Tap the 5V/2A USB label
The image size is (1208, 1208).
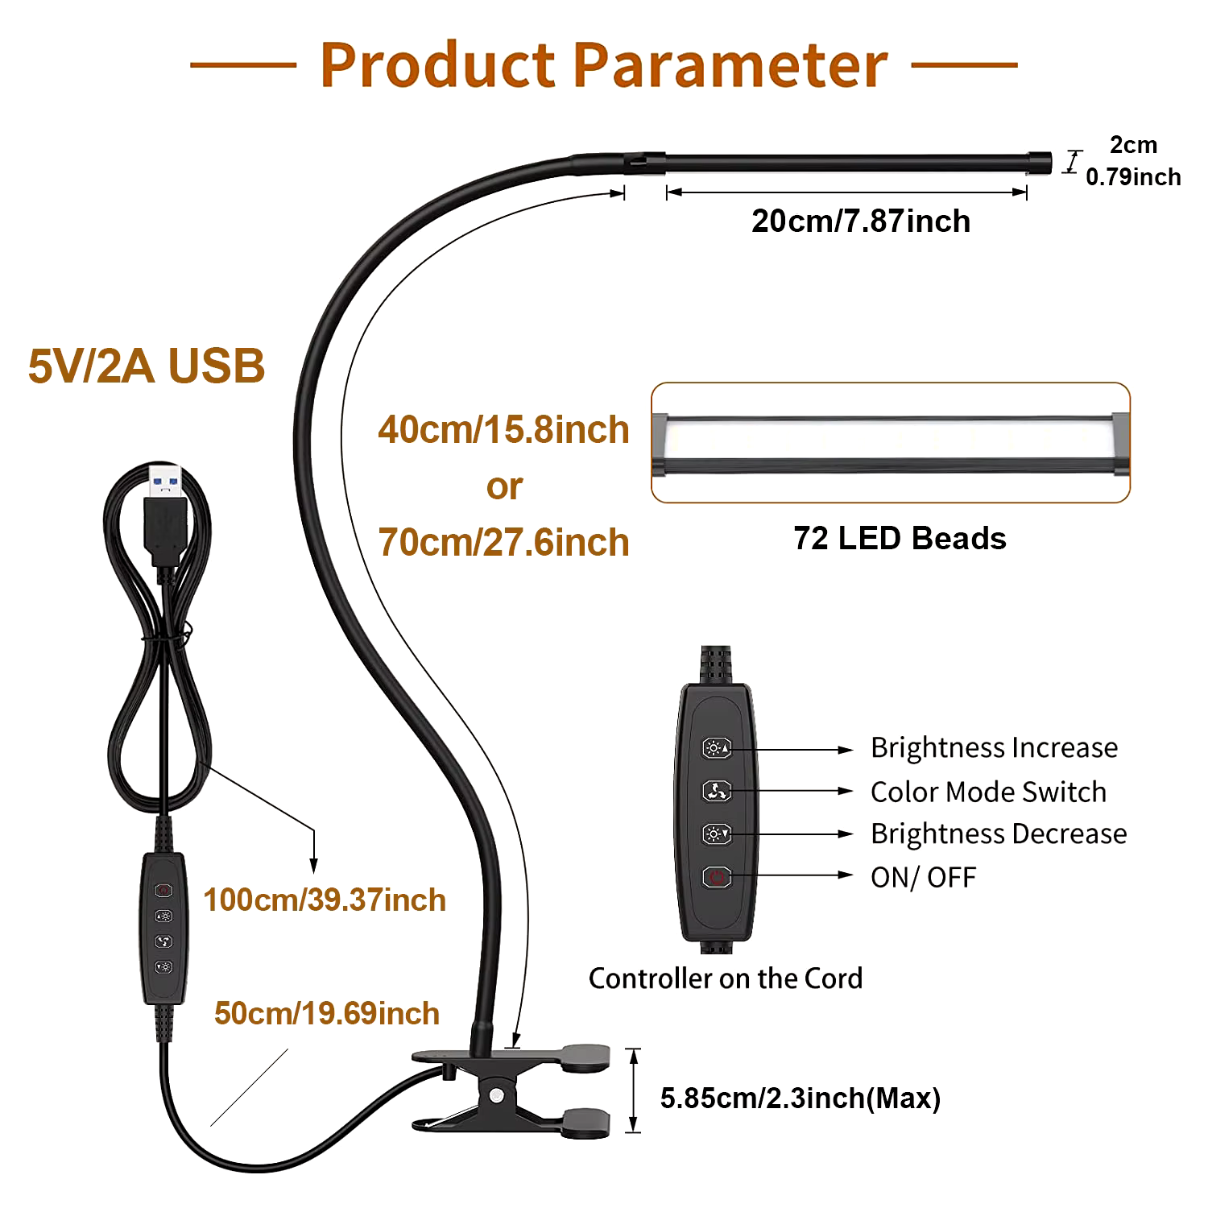(x=147, y=366)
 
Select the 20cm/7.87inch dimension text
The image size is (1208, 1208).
(x=861, y=221)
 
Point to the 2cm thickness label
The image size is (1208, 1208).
(x=1133, y=145)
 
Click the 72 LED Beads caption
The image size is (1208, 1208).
(x=900, y=538)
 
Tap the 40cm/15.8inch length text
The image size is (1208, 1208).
(x=503, y=429)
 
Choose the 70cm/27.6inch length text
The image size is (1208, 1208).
(x=503, y=542)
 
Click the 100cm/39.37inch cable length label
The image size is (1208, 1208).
(x=325, y=900)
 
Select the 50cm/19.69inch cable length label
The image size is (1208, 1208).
(x=327, y=1013)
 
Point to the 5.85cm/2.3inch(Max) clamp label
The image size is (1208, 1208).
(x=801, y=1098)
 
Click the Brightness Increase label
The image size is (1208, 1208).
(x=994, y=748)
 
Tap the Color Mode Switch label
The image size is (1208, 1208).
(x=988, y=792)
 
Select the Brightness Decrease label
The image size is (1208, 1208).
(x=999, y=834)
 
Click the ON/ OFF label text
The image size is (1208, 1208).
(x=923, y=877)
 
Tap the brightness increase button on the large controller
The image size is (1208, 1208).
(x=717, y=749)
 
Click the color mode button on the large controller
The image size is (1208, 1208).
(x=717, y=792)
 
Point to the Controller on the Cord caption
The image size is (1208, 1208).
(x=726, y=978)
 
